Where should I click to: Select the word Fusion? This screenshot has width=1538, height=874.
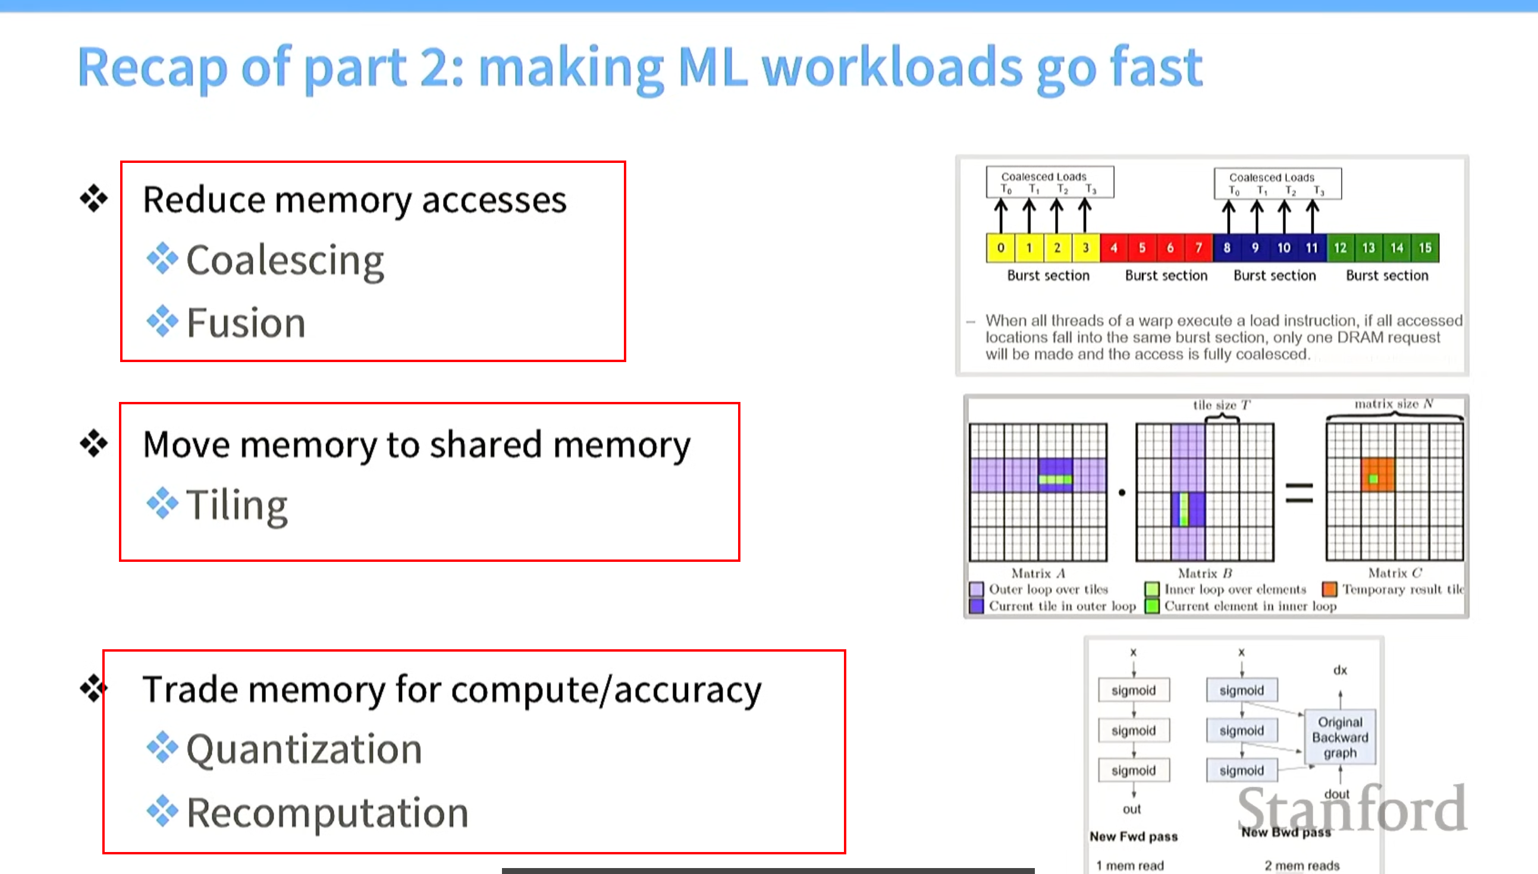(x=246, y=323)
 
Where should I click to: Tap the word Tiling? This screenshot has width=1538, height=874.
(x=237, y=505)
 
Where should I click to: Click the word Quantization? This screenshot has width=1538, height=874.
(x=305, y=749)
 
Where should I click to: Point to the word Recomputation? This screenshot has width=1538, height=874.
(x=327, y=812)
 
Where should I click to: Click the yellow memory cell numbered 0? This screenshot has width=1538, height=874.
(x=1000, y=248)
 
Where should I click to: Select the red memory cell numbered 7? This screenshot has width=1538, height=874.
(x=1198, y=248)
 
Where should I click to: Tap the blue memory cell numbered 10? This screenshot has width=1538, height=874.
(x=1283, y=248)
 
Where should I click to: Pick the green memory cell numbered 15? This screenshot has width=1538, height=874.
(x=1425, y=248)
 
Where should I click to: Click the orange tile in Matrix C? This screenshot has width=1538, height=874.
(x=1377, y=474)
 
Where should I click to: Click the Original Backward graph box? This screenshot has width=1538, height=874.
(x=1340, y=737)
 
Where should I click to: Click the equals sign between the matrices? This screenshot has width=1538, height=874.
(x=1299, y=493)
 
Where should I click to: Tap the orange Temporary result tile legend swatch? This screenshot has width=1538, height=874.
(x=1330, y=589)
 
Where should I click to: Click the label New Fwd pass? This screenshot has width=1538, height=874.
(x=1134, y=836)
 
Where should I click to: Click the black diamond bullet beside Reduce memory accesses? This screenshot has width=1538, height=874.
(x=93, y=198)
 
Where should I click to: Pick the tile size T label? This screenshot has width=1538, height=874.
(x=1221, y=405)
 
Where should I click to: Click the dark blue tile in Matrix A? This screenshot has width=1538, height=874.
(x=1055, y=475)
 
